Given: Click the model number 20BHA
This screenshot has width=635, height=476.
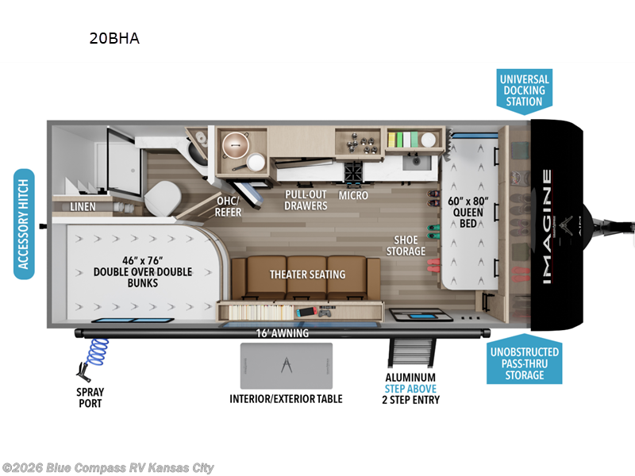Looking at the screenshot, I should tap(114, 38).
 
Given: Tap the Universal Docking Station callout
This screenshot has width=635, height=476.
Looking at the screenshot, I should tap(524, 90).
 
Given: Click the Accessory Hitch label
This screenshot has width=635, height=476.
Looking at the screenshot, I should tap(25, 225).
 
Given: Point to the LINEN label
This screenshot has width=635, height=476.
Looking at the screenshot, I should tap(83, 207).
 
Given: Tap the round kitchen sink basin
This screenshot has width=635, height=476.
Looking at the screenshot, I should tap(236, 145).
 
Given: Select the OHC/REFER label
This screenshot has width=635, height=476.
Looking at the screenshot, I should tap(229, 206).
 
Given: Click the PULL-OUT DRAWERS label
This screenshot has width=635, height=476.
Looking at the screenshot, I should tap(306, 200).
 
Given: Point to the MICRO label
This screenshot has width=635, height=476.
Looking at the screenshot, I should tap(352, 194).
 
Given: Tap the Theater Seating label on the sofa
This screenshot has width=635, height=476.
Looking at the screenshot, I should tap(307, 274).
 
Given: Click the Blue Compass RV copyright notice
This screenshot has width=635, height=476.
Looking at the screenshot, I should tap(108, 468).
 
